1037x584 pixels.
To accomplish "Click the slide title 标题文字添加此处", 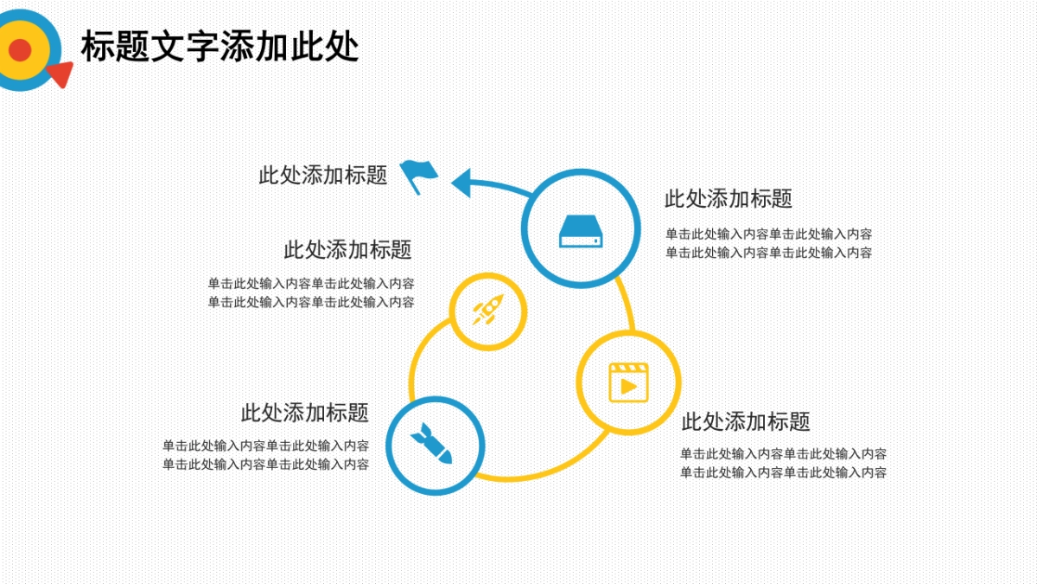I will pos(219,47).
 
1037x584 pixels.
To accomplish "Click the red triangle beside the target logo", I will pos(60,74).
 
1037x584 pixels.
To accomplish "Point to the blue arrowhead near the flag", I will pos(461,183).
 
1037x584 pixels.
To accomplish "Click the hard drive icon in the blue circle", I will pos(581,230).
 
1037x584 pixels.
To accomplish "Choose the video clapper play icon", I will pos(628,382).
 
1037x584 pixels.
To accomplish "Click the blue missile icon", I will pos(431,443).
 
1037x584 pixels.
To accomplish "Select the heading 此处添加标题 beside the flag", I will pos(323,175).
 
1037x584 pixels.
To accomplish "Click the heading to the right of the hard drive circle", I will pos(728,199).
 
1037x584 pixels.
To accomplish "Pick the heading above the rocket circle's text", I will pos(348,250).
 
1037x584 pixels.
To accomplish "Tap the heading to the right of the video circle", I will pos(746,422).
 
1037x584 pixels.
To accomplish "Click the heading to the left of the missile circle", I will pos(305,413).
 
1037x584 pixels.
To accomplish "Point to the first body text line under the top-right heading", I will pos(768,234).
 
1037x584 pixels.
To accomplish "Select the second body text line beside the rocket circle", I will pos(311,302).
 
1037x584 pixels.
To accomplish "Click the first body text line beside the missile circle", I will pos(266,446).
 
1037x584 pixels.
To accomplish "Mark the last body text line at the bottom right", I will pos(783,472).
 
